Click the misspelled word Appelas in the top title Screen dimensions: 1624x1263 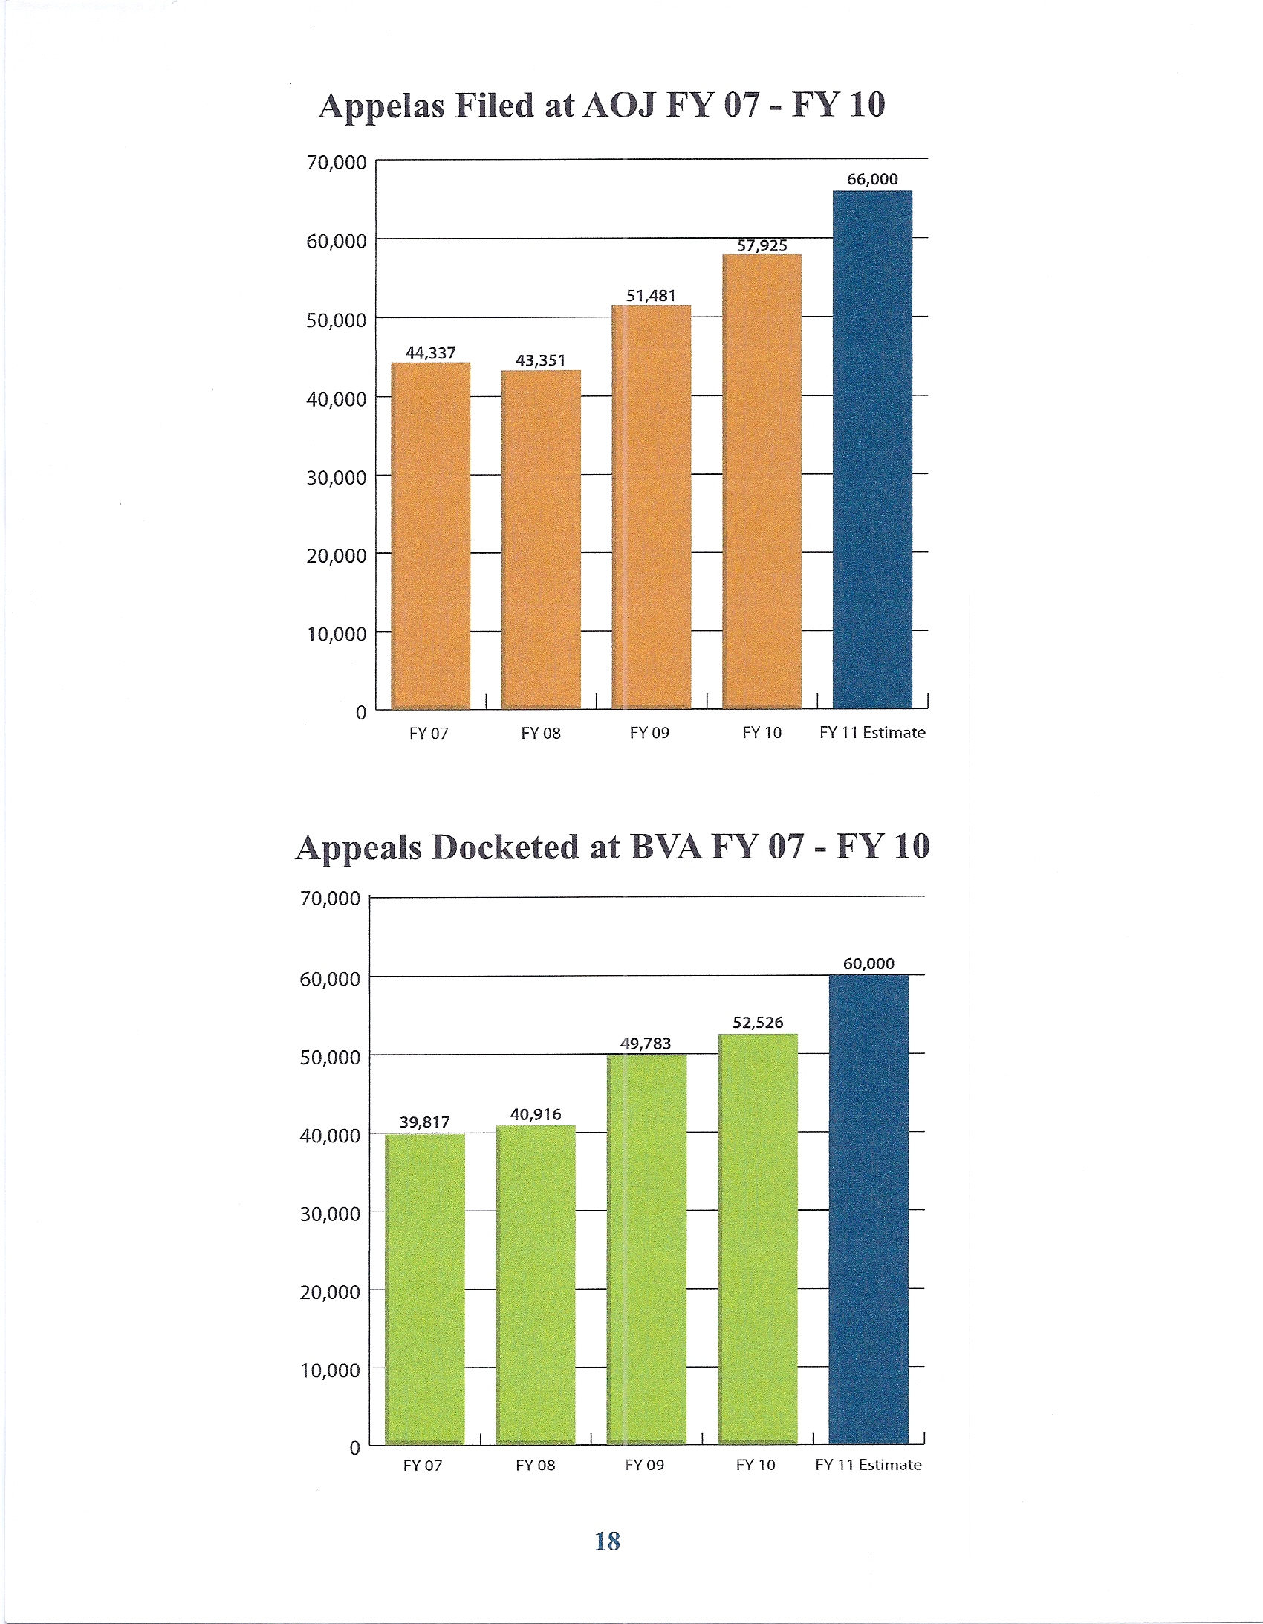381,106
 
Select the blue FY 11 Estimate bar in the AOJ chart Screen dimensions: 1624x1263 872,449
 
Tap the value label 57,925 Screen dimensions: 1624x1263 762,245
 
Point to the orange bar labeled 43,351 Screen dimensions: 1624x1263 540,539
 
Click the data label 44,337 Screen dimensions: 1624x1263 430,352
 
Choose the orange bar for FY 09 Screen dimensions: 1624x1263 652,505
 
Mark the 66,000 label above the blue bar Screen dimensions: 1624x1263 872,179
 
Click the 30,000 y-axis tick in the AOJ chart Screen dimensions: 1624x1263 336,477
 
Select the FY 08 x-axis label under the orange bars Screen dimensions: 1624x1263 540,733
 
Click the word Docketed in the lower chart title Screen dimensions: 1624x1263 505,848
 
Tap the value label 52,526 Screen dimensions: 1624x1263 758,1023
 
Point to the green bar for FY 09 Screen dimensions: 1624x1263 646,1249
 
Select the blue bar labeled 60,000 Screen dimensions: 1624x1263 868,1209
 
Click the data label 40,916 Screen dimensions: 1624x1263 535,1114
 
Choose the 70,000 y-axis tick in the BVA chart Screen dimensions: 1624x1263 329,899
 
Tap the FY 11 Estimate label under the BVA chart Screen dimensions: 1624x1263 868,1465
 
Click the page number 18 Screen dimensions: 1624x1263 607,1541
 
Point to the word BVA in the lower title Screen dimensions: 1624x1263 666,848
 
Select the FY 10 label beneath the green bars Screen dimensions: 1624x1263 756,1465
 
